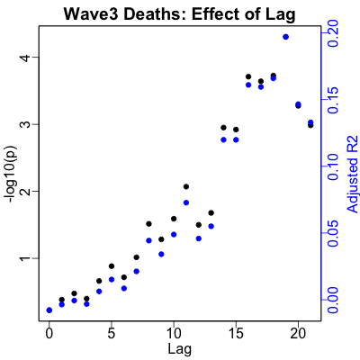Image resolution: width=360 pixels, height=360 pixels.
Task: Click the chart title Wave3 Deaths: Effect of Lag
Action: (x=179, y=14)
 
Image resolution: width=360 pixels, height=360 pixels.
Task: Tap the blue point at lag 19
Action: (x=285, y=37)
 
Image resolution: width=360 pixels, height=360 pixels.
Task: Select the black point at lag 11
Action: (x=186, y=186)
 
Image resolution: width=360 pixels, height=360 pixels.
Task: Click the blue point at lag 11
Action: (x=186, y=202)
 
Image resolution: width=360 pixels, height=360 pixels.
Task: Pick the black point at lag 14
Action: (x=223, y=128)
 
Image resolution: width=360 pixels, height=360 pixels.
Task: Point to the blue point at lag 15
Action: (x=236, y=139)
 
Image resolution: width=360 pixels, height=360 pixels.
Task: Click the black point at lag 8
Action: (x=148, y=224)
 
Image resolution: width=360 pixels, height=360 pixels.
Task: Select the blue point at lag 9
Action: (x=161, y=254)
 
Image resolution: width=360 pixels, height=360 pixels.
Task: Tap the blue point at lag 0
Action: (x=49, y=310)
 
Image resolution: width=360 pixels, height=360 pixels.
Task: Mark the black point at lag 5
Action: (x=112, y=266)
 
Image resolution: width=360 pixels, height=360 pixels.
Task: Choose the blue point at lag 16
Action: (x=248, y=85)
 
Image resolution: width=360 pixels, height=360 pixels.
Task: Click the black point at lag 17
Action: (x=261, y=81)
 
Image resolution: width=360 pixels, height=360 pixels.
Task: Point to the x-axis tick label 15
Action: (x=236, y=334)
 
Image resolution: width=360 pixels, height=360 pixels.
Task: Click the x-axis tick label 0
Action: (x=49, y=334)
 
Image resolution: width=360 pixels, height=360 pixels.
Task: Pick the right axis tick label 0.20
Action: (x=333, y=33)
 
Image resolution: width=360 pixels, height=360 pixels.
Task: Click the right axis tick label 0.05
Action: (x=333, y=233)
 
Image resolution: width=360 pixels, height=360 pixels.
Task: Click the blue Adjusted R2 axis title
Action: (x=353, y=175)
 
